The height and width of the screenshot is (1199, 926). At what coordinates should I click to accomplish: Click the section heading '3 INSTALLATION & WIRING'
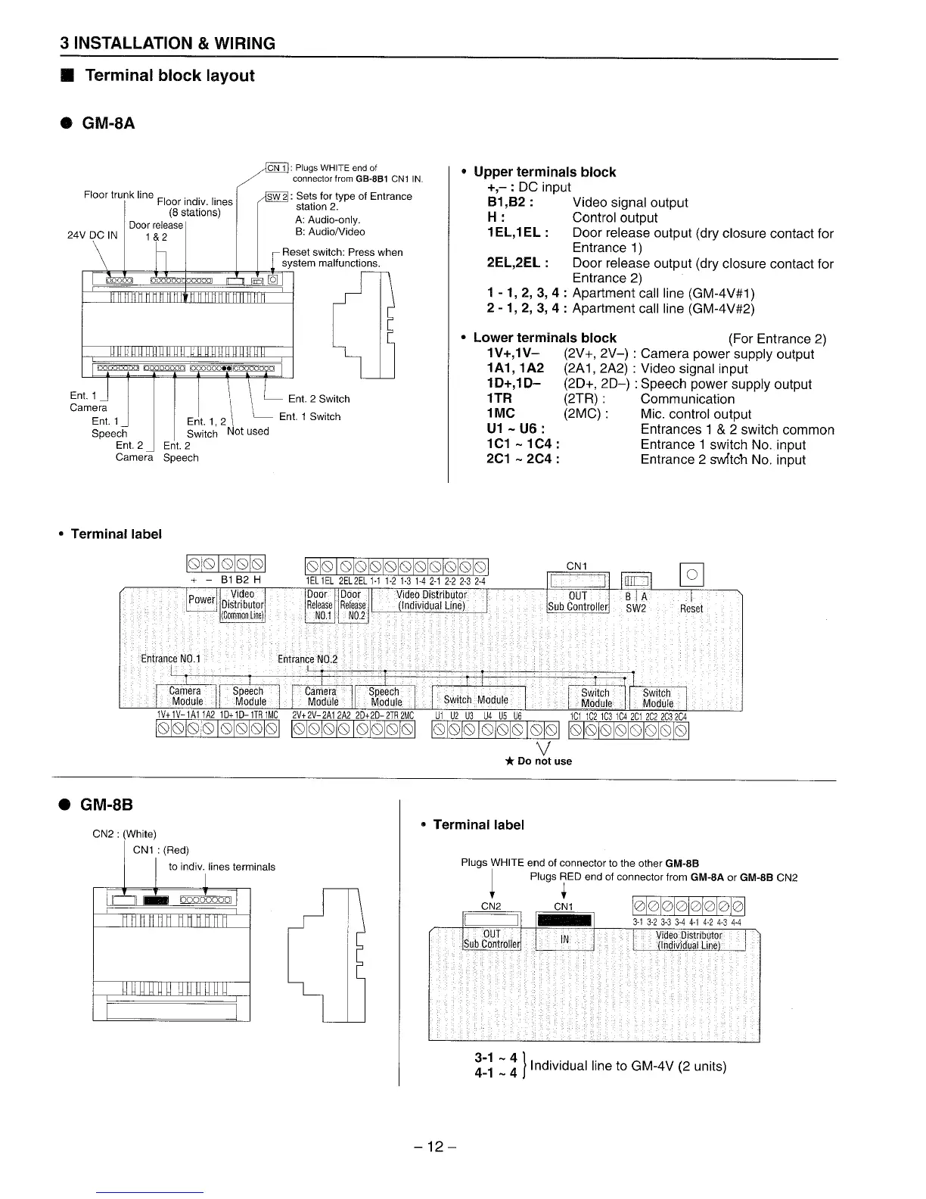click(x=168, y=43)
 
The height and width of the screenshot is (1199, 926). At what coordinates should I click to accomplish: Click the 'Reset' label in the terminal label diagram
click(x=691, y=609)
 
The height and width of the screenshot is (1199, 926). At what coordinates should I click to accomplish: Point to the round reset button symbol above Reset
click(x=692, y=575)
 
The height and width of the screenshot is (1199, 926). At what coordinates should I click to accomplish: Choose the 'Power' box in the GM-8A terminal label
click(x=201, y=599)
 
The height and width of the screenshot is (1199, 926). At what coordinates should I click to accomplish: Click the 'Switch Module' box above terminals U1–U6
click(x=475, y=699)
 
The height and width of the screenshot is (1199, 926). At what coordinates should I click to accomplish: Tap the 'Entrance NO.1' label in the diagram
click(x=170, y=659)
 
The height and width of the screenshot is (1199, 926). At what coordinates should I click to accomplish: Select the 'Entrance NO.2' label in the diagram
click(x=307, y=659)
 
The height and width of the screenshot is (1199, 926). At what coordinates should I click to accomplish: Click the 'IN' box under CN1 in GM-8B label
click(x=564, y=939)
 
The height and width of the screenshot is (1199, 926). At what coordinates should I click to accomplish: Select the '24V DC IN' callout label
click(x=92, y=235)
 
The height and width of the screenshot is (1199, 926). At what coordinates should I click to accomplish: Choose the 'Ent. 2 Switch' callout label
click(x=319, y=399)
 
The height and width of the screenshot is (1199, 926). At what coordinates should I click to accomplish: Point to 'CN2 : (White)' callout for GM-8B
click(x=124, y=834)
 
